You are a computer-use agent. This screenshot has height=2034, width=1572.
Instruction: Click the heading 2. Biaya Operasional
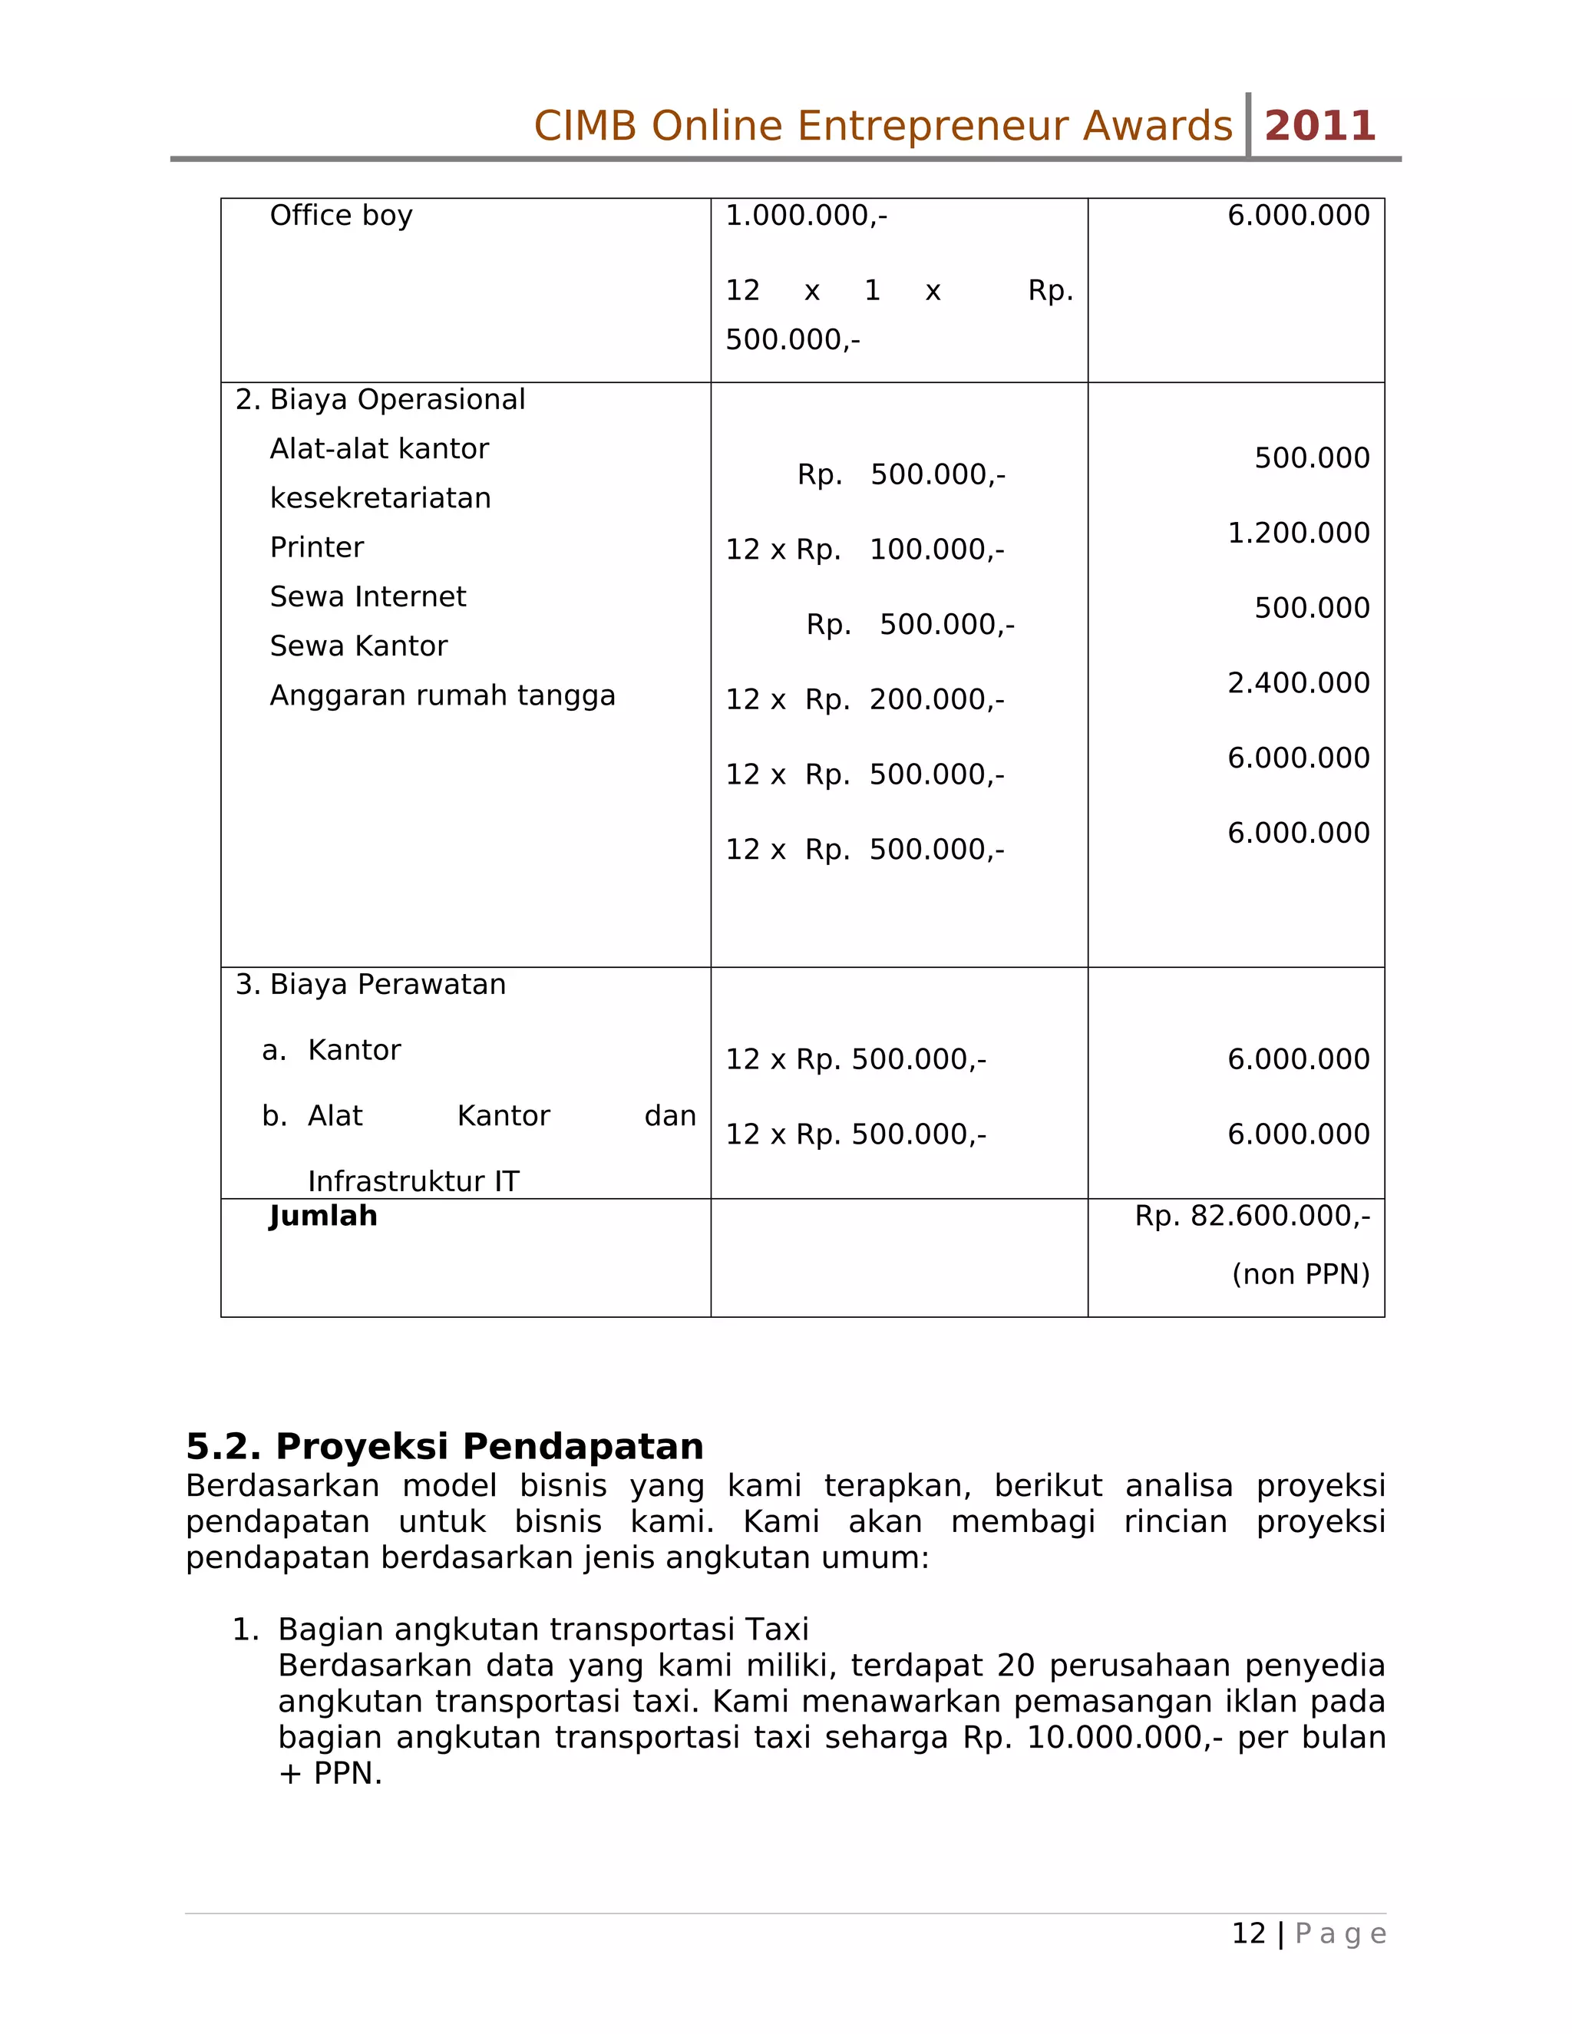tap(380, 400)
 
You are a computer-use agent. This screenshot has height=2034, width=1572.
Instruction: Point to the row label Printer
tap(317, 547)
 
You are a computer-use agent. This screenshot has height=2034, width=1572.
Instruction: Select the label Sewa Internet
tap(368, 597)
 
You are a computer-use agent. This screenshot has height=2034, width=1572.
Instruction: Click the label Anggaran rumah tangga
tap(442, 695)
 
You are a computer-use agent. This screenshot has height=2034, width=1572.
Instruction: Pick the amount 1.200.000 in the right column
tap(1298, 533)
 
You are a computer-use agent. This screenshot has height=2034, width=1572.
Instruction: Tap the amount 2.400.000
tap(1298, 682)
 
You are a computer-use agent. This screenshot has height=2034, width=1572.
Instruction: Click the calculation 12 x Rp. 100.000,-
tap(864, 550)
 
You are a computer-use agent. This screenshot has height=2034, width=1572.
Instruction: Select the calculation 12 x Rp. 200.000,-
tap(864, 699)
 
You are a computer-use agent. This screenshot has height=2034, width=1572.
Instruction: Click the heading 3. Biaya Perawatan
tap(371, 985)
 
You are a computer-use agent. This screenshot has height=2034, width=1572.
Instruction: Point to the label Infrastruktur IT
tap(414, 1181)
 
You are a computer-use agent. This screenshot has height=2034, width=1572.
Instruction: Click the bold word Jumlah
tap(323, 1217)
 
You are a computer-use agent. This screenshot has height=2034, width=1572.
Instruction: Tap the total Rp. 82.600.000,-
tap(1252, 1217)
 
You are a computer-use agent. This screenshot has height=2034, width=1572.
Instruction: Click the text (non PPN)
tap(1300, 1274)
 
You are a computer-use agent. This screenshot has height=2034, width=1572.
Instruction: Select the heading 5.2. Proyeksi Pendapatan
tap(444, 1446)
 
